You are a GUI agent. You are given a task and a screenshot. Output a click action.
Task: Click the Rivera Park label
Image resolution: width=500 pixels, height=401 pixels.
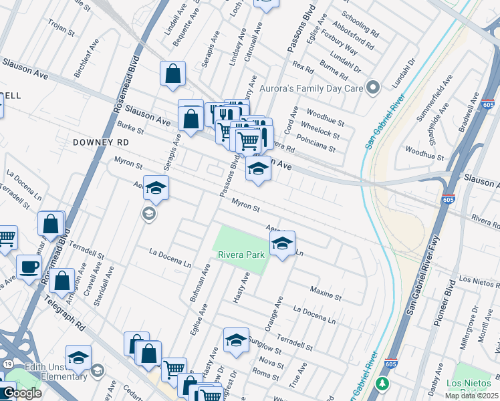pos(241,255)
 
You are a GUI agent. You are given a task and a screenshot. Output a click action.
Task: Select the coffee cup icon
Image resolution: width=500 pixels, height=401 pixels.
pos(28,267)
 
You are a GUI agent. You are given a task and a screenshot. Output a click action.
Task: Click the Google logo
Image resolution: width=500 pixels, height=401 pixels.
pos(21,393)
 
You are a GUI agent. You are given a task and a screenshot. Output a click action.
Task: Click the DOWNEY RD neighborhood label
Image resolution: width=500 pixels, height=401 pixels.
pos(100,142)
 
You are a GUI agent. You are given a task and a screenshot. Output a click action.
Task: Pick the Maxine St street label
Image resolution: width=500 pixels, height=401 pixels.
pos(326,292)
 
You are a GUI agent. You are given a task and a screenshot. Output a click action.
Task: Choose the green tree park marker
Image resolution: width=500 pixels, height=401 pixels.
pos(382,384)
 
